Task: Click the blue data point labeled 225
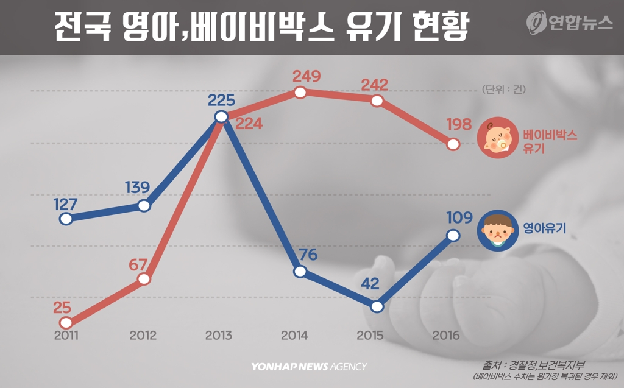tap(221, 116)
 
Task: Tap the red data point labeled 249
tap(299, 93)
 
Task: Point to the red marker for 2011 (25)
tap(66, 323)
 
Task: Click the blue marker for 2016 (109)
tap(453, 235)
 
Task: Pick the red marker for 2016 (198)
tap(453, 144)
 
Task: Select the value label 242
tap(374, 84)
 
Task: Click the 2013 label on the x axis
tap(219, 336)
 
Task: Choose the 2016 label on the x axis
tap(446, 336)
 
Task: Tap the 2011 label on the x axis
tap(67, 336)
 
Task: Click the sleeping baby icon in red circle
tap(496, 139)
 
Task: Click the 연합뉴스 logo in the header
tap(570, 22)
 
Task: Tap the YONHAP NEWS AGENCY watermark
tap(309, 367)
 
